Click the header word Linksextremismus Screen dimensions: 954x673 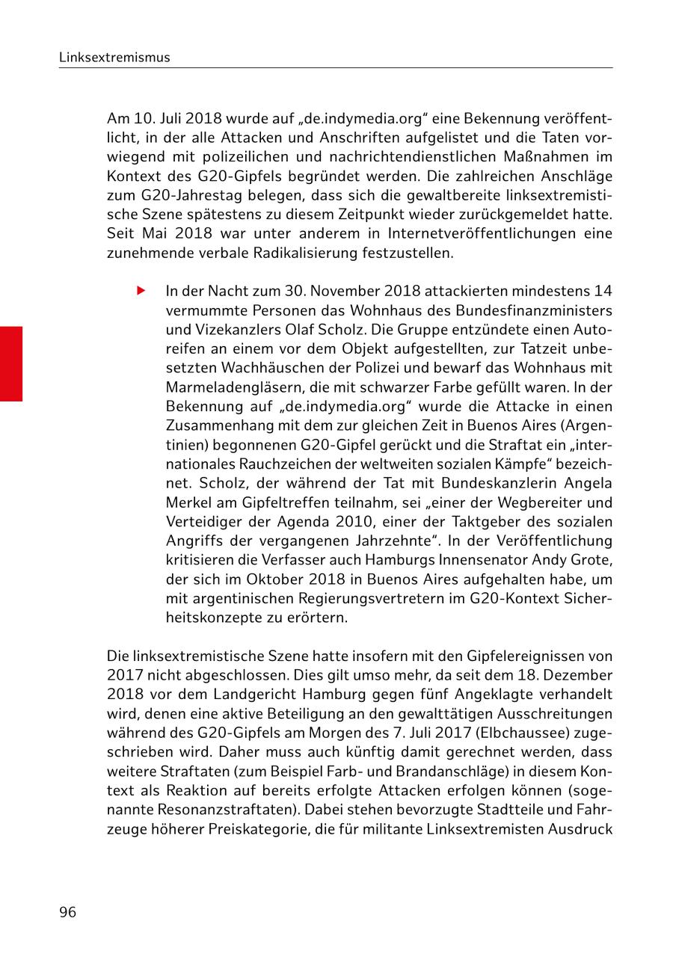114,57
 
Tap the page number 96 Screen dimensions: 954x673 68,912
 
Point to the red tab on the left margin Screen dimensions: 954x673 11,363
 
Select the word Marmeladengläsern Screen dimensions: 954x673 227,387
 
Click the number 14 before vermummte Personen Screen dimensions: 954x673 603,290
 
